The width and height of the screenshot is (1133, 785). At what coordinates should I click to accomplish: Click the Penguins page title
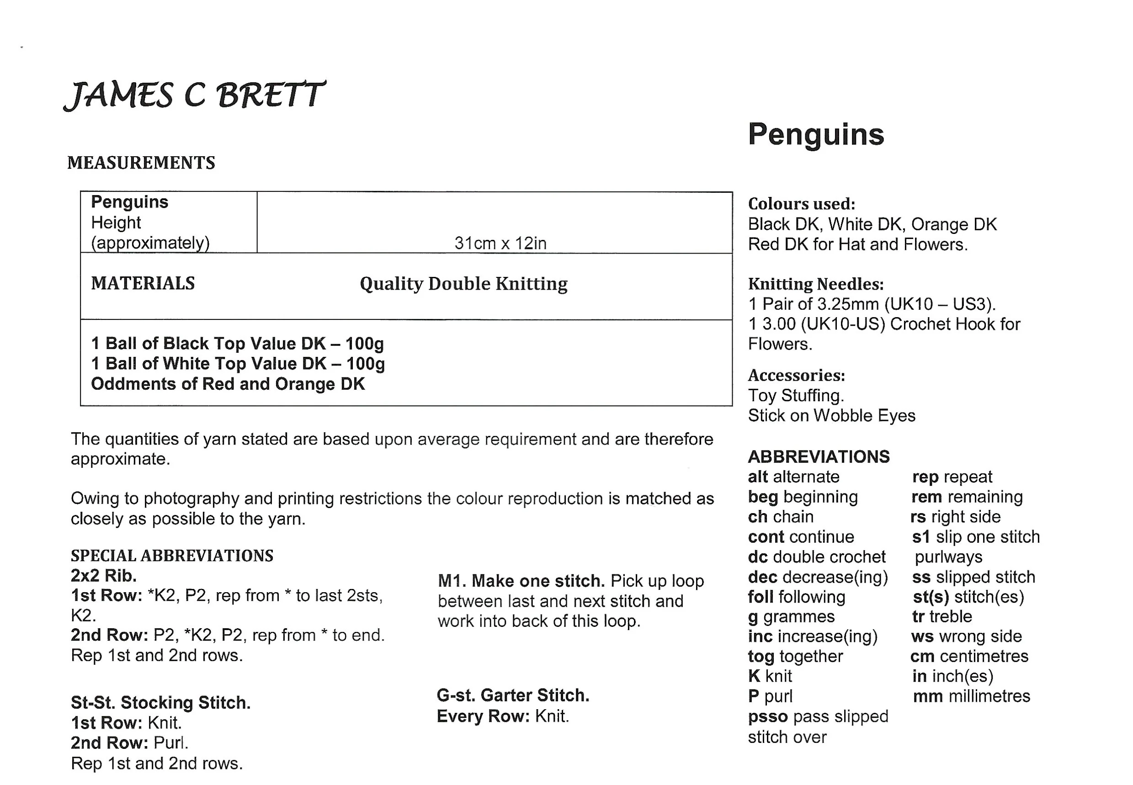coord(815,134)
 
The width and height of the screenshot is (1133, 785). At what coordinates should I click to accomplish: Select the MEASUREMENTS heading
coord(141,163)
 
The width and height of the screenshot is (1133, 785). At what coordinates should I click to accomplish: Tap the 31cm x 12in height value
coord(500,243)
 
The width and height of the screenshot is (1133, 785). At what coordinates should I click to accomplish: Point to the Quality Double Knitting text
coord(463,284)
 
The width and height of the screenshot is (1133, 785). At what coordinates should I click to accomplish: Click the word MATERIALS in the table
coord(143,283)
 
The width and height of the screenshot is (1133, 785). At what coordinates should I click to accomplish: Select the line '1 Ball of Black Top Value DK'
coord(237,343)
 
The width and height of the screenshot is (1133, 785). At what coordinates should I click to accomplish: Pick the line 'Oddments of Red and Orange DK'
coord(228,384)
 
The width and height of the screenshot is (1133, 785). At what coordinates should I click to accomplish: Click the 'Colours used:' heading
coord(801,204)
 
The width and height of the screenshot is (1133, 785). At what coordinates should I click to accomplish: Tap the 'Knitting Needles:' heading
coord(815,284)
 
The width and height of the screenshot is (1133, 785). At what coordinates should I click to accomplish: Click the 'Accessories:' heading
coord(796,375)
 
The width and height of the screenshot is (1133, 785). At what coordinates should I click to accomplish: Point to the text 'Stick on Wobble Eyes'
coord(831,416)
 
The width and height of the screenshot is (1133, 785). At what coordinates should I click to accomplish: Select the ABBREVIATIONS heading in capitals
coord(818,456)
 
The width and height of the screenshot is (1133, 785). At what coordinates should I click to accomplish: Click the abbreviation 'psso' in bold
coord(767,716)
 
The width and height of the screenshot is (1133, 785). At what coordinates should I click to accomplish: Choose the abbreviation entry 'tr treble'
coord(942,616)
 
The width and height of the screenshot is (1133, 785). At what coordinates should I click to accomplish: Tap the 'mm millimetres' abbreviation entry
coord(971,696)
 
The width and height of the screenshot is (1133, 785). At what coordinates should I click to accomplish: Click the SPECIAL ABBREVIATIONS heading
coord(172,556)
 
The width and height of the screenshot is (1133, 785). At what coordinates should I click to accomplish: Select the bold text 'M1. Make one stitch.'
coord(521,581)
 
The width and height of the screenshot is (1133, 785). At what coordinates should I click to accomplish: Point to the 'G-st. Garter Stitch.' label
coord(513,695)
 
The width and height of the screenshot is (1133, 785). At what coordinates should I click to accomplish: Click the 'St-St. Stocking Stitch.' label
coord(160,702)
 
